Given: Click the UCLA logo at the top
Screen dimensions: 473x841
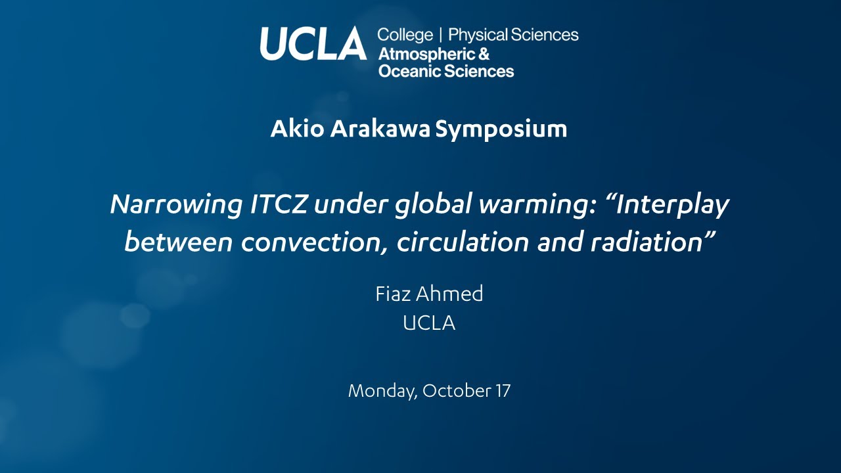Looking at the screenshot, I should (x=313, y=44).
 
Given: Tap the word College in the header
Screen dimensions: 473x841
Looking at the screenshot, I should (x=405, y=35).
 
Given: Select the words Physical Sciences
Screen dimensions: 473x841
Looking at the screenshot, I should (x=513, y=35).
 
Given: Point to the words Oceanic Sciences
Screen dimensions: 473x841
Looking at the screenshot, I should (x=446, y=71).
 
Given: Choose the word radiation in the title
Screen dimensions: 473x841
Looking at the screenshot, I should (x=649, y=242).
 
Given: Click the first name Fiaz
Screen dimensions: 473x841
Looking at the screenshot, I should (x=393, y=294).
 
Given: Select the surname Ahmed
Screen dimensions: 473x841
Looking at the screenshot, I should (x=450, y=294).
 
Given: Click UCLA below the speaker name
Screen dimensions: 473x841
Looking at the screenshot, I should (x=429, y=323).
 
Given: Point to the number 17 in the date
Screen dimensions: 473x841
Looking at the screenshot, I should (x=503, y=392).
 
